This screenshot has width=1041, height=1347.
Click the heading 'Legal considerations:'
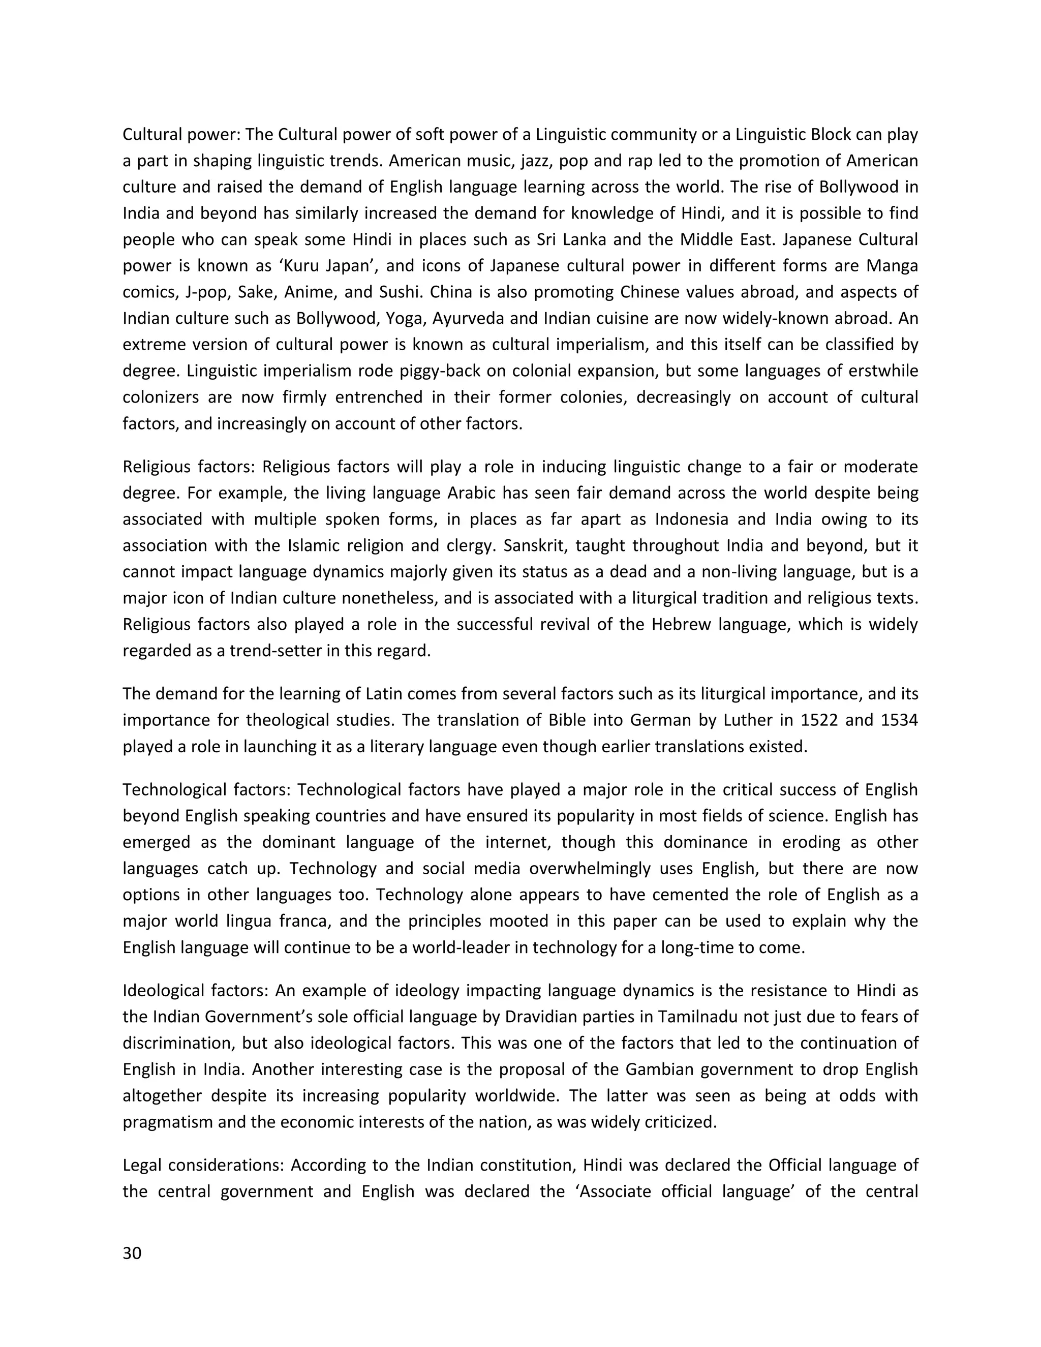coord(204,1165)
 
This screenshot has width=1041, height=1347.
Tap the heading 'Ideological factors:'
coord(196,991)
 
